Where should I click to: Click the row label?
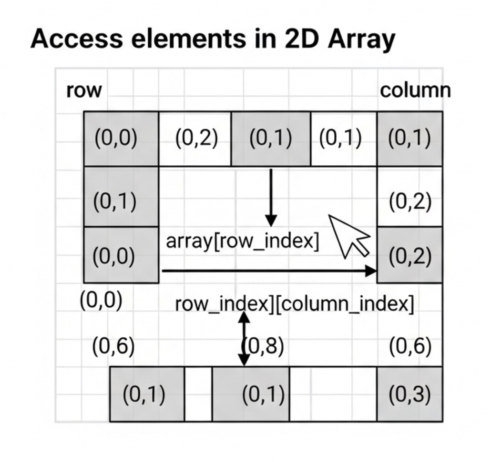pyautogui.click(x=84, y=90)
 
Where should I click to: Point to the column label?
pyautogui.click(x=415, y=90)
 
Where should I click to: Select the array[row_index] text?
pyautogui.click(x=242, y=242)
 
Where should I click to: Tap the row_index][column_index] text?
pyautogui.click(x=294, y=304)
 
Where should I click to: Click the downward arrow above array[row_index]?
pyautogui.click(x=271, y=198)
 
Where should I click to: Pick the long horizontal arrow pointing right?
pyautogui.click(x=269, y=271)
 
